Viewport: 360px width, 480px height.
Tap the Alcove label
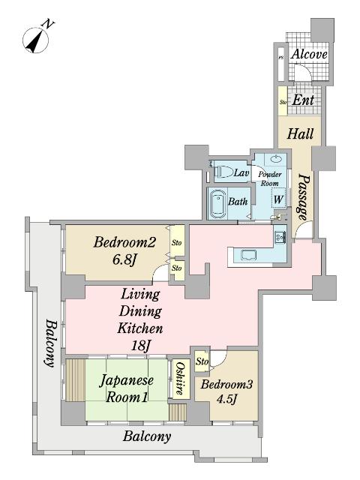[308, 54]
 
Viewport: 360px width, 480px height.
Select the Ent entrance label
[302, 100]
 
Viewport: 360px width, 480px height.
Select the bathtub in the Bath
[217, 202]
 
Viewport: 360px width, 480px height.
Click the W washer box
[277, 199]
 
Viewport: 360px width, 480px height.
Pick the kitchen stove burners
[279, 238]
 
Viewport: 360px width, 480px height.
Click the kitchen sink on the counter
[247, 255]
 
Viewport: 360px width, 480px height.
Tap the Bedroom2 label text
[124, 242]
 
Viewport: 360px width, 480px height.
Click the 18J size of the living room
[140, 345]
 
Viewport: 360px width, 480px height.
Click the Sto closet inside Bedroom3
[202, 362]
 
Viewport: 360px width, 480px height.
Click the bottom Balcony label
[147, 436]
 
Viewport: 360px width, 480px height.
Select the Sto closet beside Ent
[283, 101]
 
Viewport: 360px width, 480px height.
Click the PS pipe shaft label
[280, 57]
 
